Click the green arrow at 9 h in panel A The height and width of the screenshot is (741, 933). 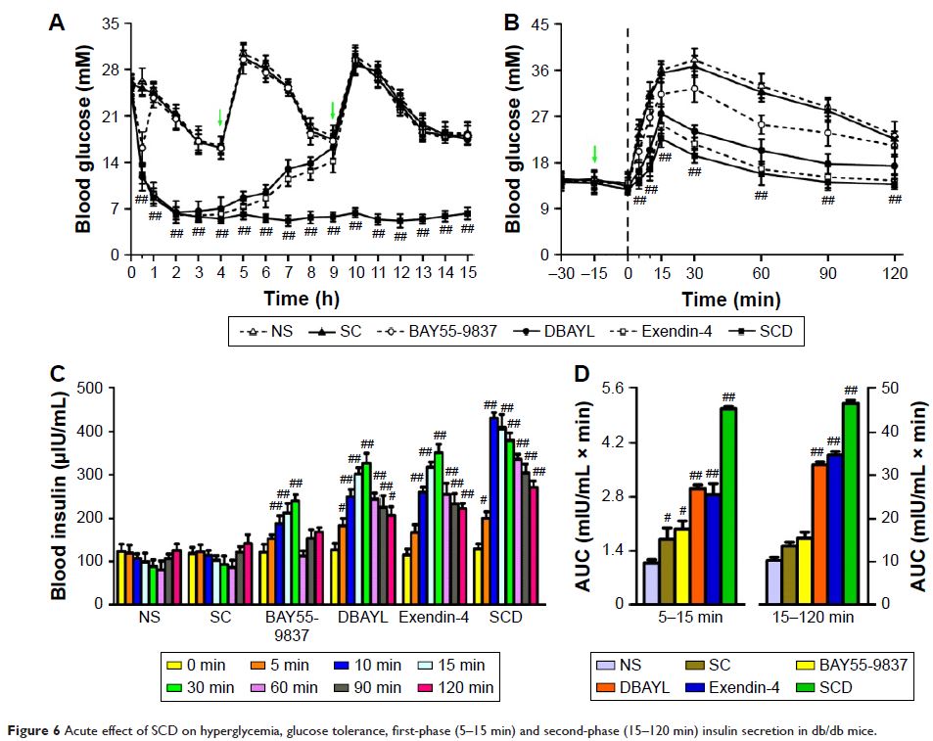pyautogui.click(x=333, y=110)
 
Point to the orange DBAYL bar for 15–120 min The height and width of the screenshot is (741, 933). pyautogui.click(x=818, y=533)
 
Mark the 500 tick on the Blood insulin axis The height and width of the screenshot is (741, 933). pyautogui.click(x=89, y=389)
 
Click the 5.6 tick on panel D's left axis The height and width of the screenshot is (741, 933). pyautogui.click(x=614, y=389)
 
